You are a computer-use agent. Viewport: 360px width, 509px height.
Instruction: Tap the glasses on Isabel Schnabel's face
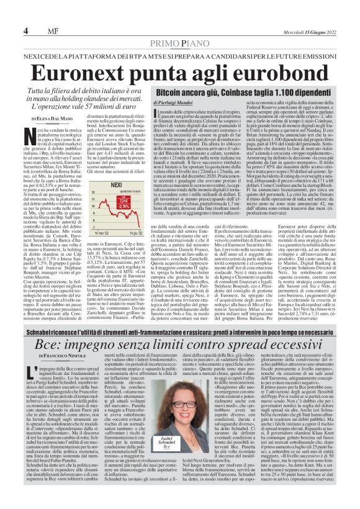(168, 395)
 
